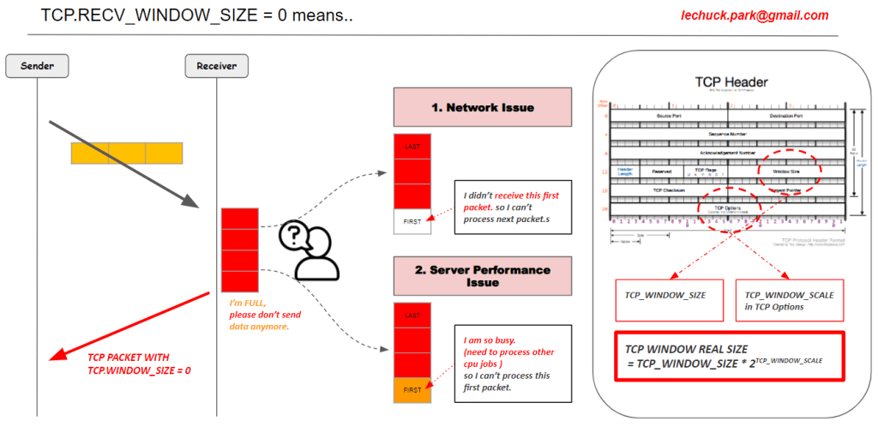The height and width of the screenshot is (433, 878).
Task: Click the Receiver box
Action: tap(216, 66)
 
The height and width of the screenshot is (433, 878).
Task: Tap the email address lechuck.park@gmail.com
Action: tap(755, 15)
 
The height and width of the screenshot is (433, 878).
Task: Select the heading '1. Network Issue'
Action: tap(482, 107)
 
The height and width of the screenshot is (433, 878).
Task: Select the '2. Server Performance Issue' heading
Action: tap(482, 276)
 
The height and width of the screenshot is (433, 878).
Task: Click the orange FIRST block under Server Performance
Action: tap(412, 389)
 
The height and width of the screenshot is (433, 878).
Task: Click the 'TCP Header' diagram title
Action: tap(731, 82)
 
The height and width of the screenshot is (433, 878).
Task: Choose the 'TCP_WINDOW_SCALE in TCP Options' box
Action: tap(790, 300)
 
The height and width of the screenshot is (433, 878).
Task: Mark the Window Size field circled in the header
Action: tap(787, 171)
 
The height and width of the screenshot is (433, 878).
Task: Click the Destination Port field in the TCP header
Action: tap(785, 116)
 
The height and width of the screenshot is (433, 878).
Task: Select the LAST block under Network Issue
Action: tap(412, 147)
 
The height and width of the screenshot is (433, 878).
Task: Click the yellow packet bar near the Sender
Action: tap(127, 153)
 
